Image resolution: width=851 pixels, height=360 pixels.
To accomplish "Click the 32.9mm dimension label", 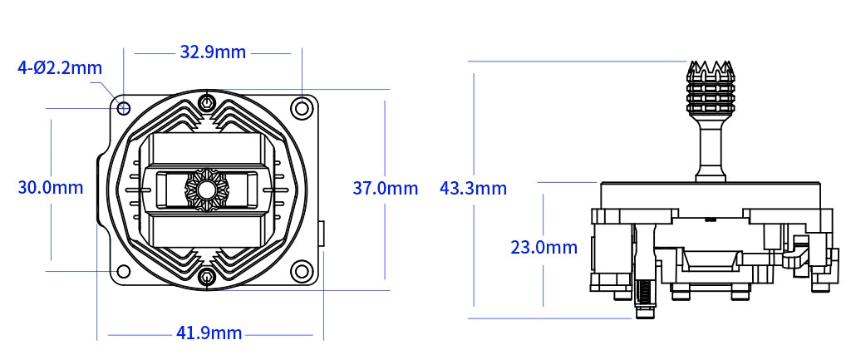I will [213, 52].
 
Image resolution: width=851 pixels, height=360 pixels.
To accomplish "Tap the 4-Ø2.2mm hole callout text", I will [59, 67].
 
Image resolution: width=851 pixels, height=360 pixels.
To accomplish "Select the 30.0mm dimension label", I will [50, 187].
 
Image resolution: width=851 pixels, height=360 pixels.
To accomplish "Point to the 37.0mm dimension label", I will [386, 188].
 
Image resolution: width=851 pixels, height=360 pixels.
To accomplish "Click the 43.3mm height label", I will [473, 188].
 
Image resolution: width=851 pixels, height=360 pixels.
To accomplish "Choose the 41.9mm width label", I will [209, 333].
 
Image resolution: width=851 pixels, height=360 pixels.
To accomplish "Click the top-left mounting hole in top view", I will [124, 108].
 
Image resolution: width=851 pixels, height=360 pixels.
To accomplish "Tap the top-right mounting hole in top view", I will [301, 108].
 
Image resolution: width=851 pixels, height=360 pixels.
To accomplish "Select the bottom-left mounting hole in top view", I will [124, 271].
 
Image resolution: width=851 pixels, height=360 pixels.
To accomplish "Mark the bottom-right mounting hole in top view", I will [301, 271].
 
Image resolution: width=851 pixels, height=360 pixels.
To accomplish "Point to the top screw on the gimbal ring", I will [207, 103].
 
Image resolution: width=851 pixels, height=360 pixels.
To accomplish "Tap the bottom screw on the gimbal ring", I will [207, 277].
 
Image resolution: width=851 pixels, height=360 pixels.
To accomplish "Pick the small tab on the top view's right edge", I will [322, 234].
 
